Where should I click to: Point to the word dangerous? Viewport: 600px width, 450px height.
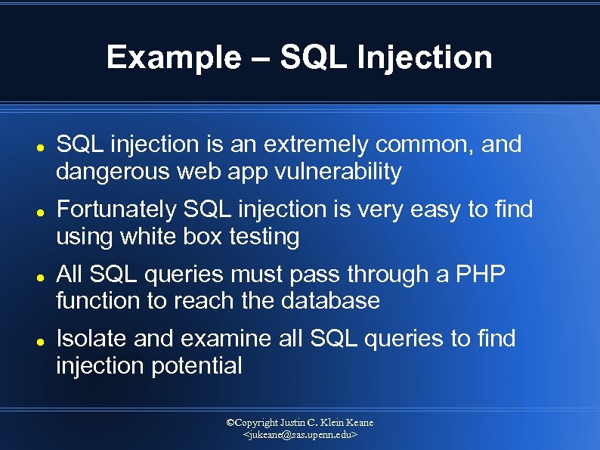[113, 172]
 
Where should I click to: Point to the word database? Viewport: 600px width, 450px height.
[330, 301]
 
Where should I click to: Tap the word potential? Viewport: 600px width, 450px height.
[198, 366]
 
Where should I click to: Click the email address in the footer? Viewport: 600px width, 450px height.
[300, 436]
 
